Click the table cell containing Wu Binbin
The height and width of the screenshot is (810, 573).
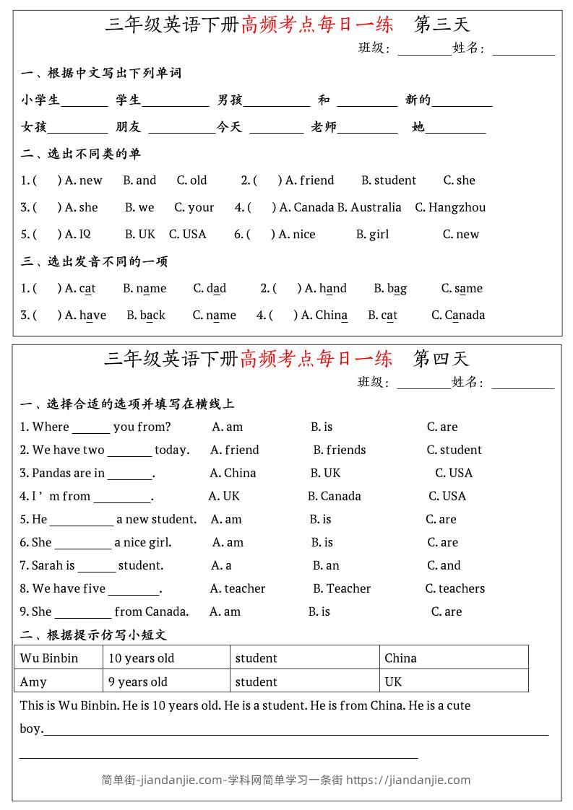coord(58,658)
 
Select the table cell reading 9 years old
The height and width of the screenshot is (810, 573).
coord(165,681)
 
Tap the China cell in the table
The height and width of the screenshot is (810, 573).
coord(453,658)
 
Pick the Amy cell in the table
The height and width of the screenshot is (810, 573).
coord(58,681)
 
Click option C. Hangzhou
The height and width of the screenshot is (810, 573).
coord(449,207)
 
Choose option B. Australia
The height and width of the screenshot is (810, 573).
coord(369,207)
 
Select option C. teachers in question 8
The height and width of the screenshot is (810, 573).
coord(454,588)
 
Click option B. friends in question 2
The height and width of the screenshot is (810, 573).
coord(339,450)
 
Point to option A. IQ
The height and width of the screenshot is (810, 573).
coord(77,234)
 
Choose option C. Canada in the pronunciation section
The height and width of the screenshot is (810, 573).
coord(457,315)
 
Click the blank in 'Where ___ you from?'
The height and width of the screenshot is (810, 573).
coord(91,428)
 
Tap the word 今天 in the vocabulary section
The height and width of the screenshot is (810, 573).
coord(229,127)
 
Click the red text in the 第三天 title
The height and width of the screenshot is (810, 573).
coord(317,25)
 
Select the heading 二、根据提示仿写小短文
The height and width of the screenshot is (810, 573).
coord(93,635)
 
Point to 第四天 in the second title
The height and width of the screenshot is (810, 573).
coord(441,358)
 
